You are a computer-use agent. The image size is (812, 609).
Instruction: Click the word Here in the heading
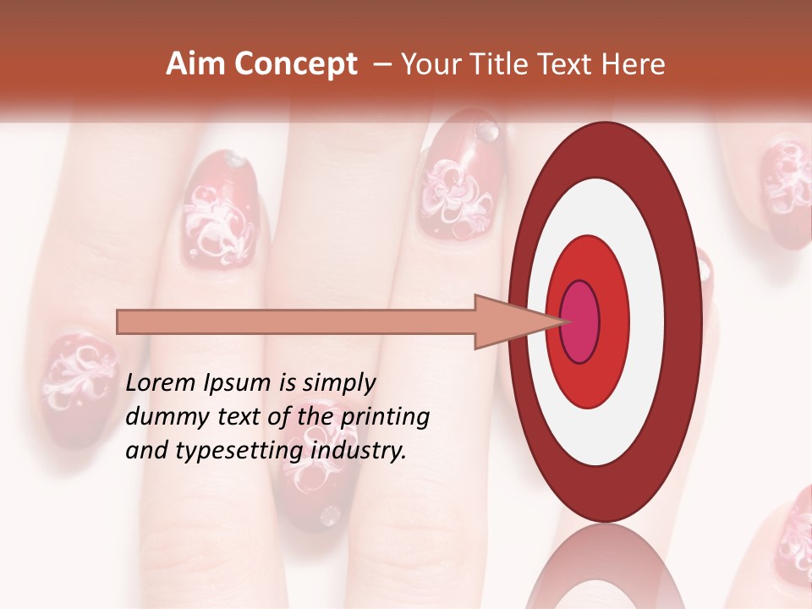point(633,64)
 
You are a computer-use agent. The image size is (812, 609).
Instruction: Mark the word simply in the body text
point(339,383)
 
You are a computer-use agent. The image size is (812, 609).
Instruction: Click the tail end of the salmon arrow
point(120,322)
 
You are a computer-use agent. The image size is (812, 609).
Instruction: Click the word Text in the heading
point(571,64)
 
